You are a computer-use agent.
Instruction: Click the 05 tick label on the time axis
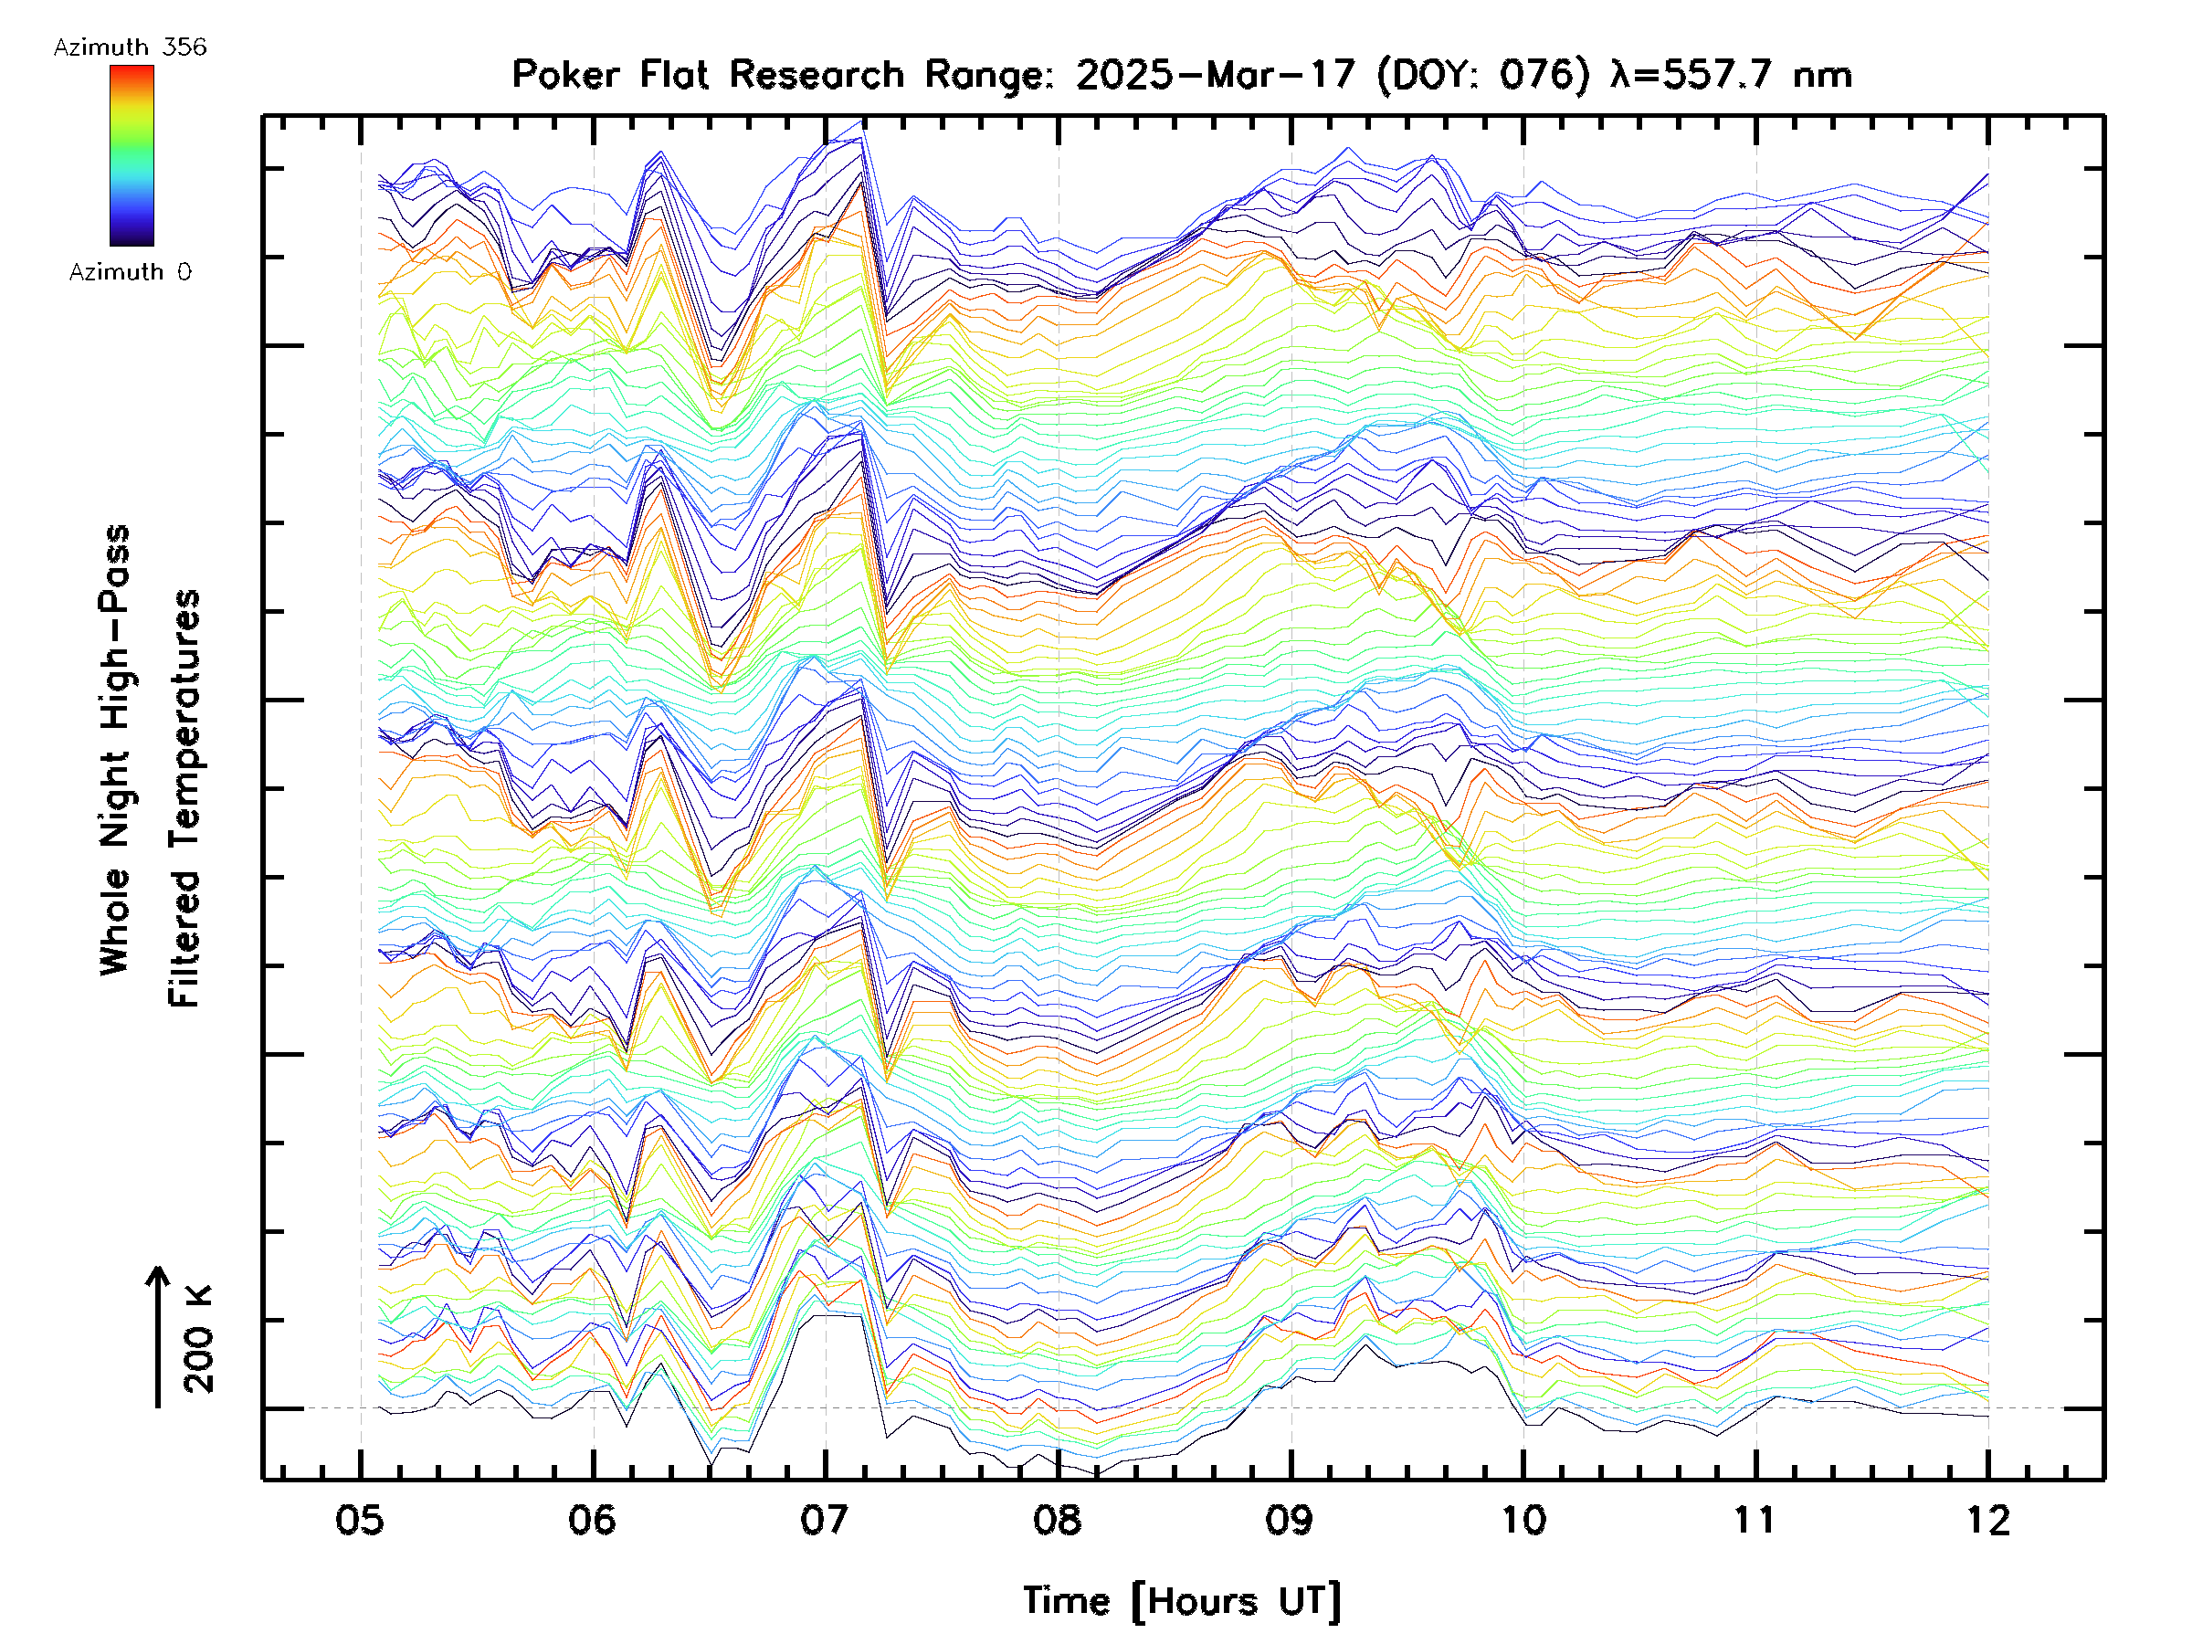pyautogui.click(x=360, y=1520)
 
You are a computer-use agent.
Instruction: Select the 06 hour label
pyautogui.click(x=593, y=1520)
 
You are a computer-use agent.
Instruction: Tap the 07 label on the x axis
pyautogui.click(x=825, y=1520)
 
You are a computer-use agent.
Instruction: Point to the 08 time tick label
pyautogui.click(x=1058, y=1520)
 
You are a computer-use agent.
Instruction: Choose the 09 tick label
pyautogui.click(x=1291, y=1520)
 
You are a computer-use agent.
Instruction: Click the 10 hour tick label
pyautogui.click(x=1523, y=1520)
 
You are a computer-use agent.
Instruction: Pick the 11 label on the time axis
pyautogui.click(x=1755, y=1520)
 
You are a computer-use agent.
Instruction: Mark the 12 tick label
pyautogui.click(x=1987, y=1520)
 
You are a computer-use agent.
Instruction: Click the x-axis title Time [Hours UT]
pyautogui.click(x=1182, y=1602)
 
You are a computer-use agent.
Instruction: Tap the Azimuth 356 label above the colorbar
pyautogui.click(x=130, y=47)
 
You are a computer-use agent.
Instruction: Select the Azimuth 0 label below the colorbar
pyautogui.click(x=130, y=271)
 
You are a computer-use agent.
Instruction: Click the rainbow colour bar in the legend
pyautogui.click(x=132, y=155)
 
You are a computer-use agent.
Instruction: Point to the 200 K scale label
pyautogui.click(x=198, y=1339)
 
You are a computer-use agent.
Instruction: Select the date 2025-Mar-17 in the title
pyautogui.click(x=1216, y=74)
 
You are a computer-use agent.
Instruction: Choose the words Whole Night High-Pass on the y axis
pyautogui.click(x=115, y=749)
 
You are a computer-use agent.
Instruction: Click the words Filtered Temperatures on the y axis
pyautogui.click(x=184, y=799)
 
